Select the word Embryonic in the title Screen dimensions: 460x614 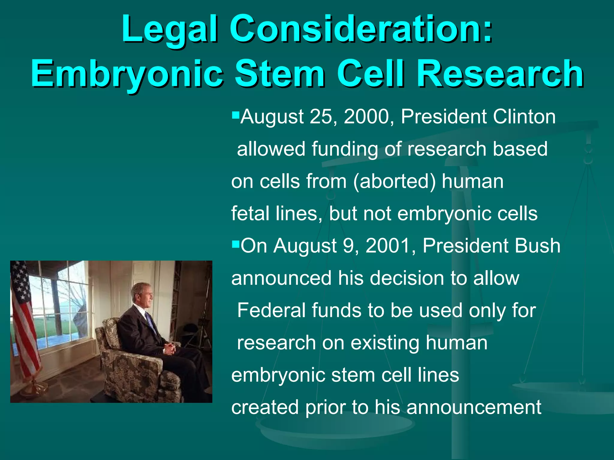127,74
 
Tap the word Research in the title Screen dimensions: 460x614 500,74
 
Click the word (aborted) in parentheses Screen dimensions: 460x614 394,181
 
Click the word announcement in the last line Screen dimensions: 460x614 474,407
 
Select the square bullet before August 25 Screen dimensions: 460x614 235,114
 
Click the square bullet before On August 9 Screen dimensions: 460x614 235,243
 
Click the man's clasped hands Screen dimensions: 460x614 170,348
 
